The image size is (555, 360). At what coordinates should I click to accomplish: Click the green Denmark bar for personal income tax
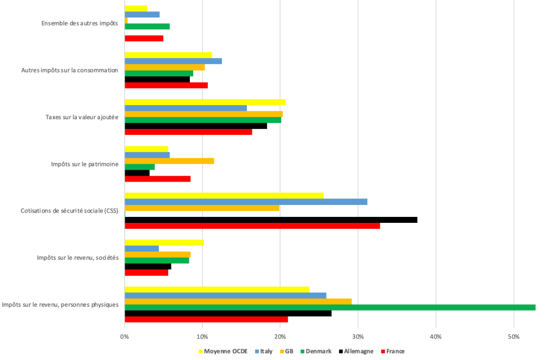[x=330, y=307]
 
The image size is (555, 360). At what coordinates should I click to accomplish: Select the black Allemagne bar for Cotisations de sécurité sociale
[x=271, y=220]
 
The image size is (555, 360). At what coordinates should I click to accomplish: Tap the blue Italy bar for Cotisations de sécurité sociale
[x=246, y=202]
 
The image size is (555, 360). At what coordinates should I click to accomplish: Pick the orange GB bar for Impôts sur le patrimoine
[x=169, y=161]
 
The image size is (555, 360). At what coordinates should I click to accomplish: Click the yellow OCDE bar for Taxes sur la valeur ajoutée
[x=205, y=102]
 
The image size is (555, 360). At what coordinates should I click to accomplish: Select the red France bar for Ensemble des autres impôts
[x=144, y=38]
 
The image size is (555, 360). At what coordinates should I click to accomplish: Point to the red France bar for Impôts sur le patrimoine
[x=157, y=178]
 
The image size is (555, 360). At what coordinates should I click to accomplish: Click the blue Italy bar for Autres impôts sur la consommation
[x=173, y=61]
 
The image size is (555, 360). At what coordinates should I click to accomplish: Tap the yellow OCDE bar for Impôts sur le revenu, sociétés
[x=164, y=242]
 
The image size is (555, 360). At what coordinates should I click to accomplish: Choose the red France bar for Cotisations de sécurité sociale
[x=252, y=226]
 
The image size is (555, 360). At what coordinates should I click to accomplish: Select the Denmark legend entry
[x=318, y=351]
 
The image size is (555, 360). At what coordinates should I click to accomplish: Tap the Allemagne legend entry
[x=359, y=351]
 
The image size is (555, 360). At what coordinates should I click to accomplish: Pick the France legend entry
[x=395, y=351]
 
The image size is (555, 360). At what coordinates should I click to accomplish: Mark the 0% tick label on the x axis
[x=125, y=337]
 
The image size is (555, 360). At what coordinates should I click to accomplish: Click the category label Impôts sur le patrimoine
[x=85, y=164]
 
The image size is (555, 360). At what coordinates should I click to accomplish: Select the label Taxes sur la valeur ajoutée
[x=82, y=117]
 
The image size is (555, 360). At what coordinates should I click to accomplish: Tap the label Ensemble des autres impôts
[x=79, y=23]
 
